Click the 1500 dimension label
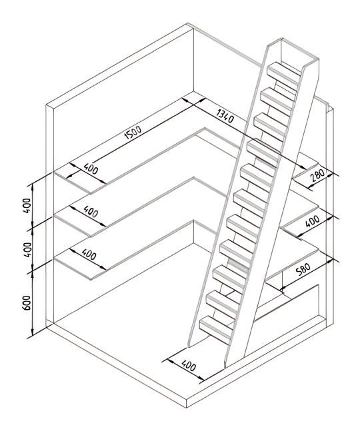tap(133, 133)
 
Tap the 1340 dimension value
tap(225, 116)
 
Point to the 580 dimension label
tap(303, 269)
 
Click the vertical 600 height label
tap(27, 302)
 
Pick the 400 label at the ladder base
tap(189, 365)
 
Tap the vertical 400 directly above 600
tap(27, 250)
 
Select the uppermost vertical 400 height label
tap(27, 205)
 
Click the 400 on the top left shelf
tap(91, 169)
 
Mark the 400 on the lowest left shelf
tap(89, 254)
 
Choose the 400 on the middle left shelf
tap(91, 212)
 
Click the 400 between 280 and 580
tap(313, 221)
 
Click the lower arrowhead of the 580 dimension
tap(282, 289)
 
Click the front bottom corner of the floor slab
tap(187, 408)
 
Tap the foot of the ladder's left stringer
tap(189, 346)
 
